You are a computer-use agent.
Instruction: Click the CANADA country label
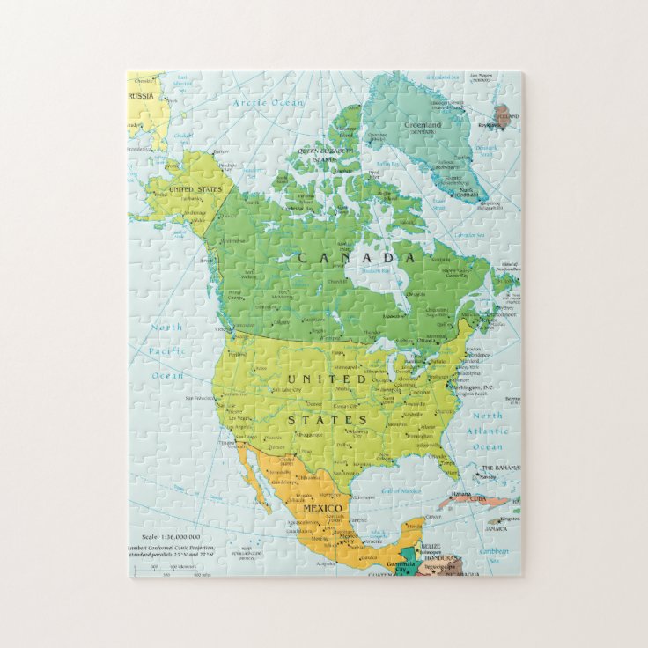(x=356, y=258)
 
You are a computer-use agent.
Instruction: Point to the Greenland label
(x=422, y=126)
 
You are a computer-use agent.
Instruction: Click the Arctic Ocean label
(x=268, y=103)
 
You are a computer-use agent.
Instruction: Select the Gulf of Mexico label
(x=400, y=490)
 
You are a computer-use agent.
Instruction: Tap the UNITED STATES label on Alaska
(x=193, y=188)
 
